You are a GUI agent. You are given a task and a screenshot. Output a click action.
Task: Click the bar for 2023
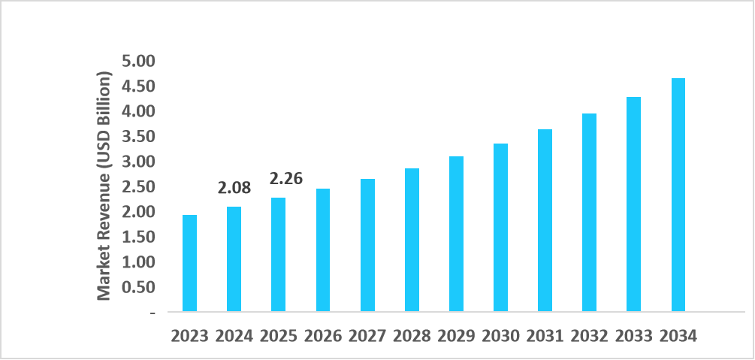(x=189, y=263)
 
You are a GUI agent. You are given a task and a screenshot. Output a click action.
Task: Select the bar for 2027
(x=367, y=245)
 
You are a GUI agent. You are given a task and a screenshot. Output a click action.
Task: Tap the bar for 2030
(x=500, y=227)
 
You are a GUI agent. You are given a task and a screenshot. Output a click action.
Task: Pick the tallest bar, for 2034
(x=678, y=195)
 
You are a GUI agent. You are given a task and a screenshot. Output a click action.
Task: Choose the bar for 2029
(x=456, y=234)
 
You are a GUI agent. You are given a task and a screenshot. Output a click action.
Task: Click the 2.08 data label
(x=234, y=188)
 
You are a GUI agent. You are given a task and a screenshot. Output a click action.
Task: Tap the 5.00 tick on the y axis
(x=137, y=61)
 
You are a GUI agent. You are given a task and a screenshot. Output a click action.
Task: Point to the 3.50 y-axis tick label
(x=137, y=137)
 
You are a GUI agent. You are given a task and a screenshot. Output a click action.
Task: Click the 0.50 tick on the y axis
(x=137, y=287)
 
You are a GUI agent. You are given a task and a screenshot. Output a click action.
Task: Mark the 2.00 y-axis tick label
(x=137, y=212)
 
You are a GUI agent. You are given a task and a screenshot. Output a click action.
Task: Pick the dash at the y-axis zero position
(x=153, y=312)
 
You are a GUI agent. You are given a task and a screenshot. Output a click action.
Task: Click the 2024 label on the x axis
(x=234, y=336)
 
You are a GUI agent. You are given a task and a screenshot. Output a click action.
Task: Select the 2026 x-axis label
(x=323, y=336)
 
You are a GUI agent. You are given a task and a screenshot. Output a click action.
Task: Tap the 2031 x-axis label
(x=545, y=336)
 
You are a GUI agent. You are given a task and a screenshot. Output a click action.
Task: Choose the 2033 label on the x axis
(x=634, y=336)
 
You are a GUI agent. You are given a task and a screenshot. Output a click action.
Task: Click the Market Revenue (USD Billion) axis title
(x=104, y=186)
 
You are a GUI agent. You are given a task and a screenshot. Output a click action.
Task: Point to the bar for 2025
(x=278, y=255)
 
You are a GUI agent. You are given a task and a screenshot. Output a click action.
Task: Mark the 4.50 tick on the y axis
(x=137, y=86)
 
